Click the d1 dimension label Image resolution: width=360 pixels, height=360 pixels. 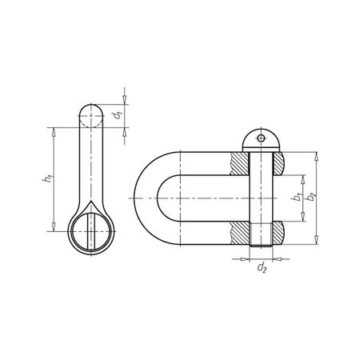[x=118, y=116]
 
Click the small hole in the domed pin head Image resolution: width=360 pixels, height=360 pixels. [x=262, y=139]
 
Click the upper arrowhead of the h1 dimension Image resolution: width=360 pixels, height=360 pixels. [x=54, y=130]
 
